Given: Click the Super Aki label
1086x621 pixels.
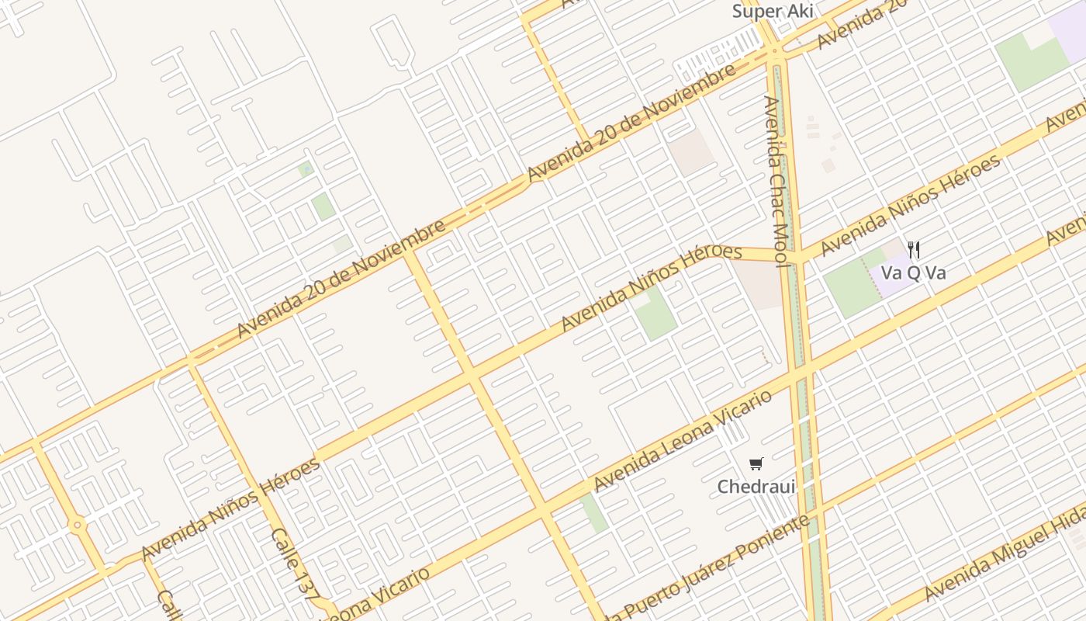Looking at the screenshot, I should point(773,11).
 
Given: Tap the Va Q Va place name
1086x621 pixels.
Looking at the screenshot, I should point(913,272).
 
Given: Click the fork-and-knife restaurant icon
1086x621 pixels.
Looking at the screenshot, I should point(914,250).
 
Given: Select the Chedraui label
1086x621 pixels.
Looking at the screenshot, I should point(756,487).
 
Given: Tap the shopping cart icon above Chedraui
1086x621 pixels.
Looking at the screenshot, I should point(756,464).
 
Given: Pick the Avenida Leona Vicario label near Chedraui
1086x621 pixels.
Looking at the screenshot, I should point(683,441).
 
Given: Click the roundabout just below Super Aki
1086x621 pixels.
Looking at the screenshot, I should point(774,53).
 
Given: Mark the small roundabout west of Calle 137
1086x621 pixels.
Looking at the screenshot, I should point(77,526).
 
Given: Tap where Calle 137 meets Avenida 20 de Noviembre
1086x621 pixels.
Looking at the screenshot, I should point(190,360).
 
